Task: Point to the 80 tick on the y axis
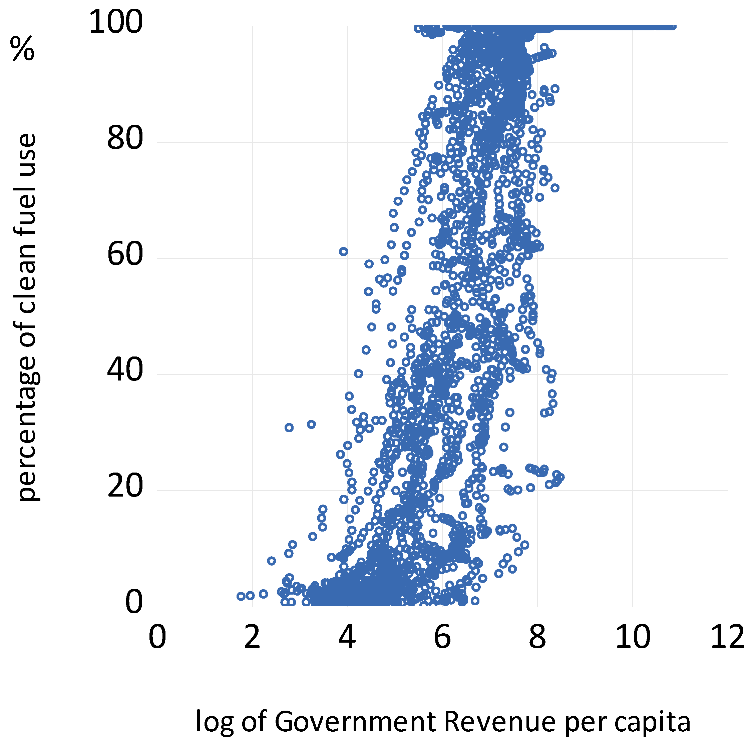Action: click(x=125, y=138)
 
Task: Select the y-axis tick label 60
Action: click(x=125, y=255)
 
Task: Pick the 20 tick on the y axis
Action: click(x=125, y=487)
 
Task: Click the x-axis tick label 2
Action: click(x=252, y=637)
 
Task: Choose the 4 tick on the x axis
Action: click(x=347, y=637)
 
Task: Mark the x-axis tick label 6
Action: click(x=442, y=637)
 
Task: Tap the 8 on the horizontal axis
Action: click(x=537, y=637)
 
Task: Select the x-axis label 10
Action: click(x=632, y=637)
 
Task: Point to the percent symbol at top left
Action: click(x=23, y=49)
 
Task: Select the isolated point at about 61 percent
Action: click(x=343, y=251)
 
